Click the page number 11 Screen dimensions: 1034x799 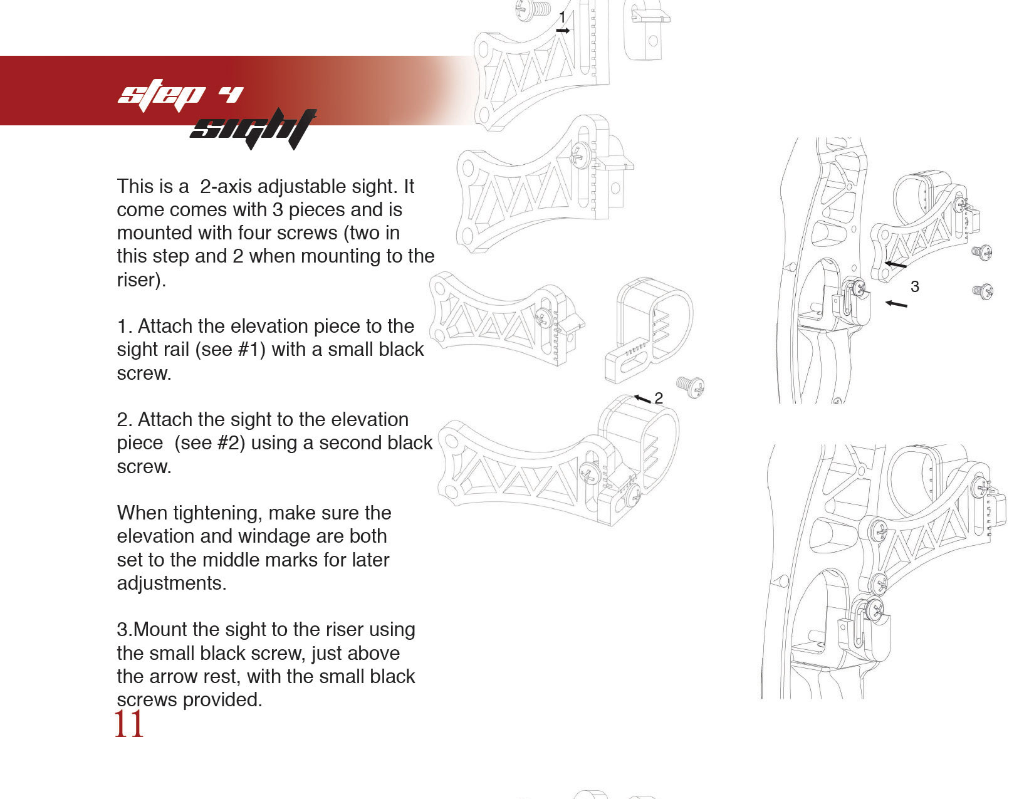[x=129, y=724]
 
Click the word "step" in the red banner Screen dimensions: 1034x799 [x=162, y=96]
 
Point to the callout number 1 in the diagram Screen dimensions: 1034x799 [x=563, y=17]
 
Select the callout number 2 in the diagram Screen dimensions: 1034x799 [x=659, y=398]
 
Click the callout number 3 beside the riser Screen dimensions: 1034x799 [x=914, y=286]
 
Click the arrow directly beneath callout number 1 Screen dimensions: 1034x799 [x=563, y=31]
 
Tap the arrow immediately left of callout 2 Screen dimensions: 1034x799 [x=642, y=399]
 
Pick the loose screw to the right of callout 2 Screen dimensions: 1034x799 [x=691, y=387]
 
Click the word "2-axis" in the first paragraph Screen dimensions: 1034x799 [x=226, y=187]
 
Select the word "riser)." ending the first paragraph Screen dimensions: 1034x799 [x=142, y=280]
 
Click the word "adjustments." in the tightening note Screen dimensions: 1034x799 [x=172, y=583]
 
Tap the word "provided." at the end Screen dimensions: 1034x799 [x=222, y=700]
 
